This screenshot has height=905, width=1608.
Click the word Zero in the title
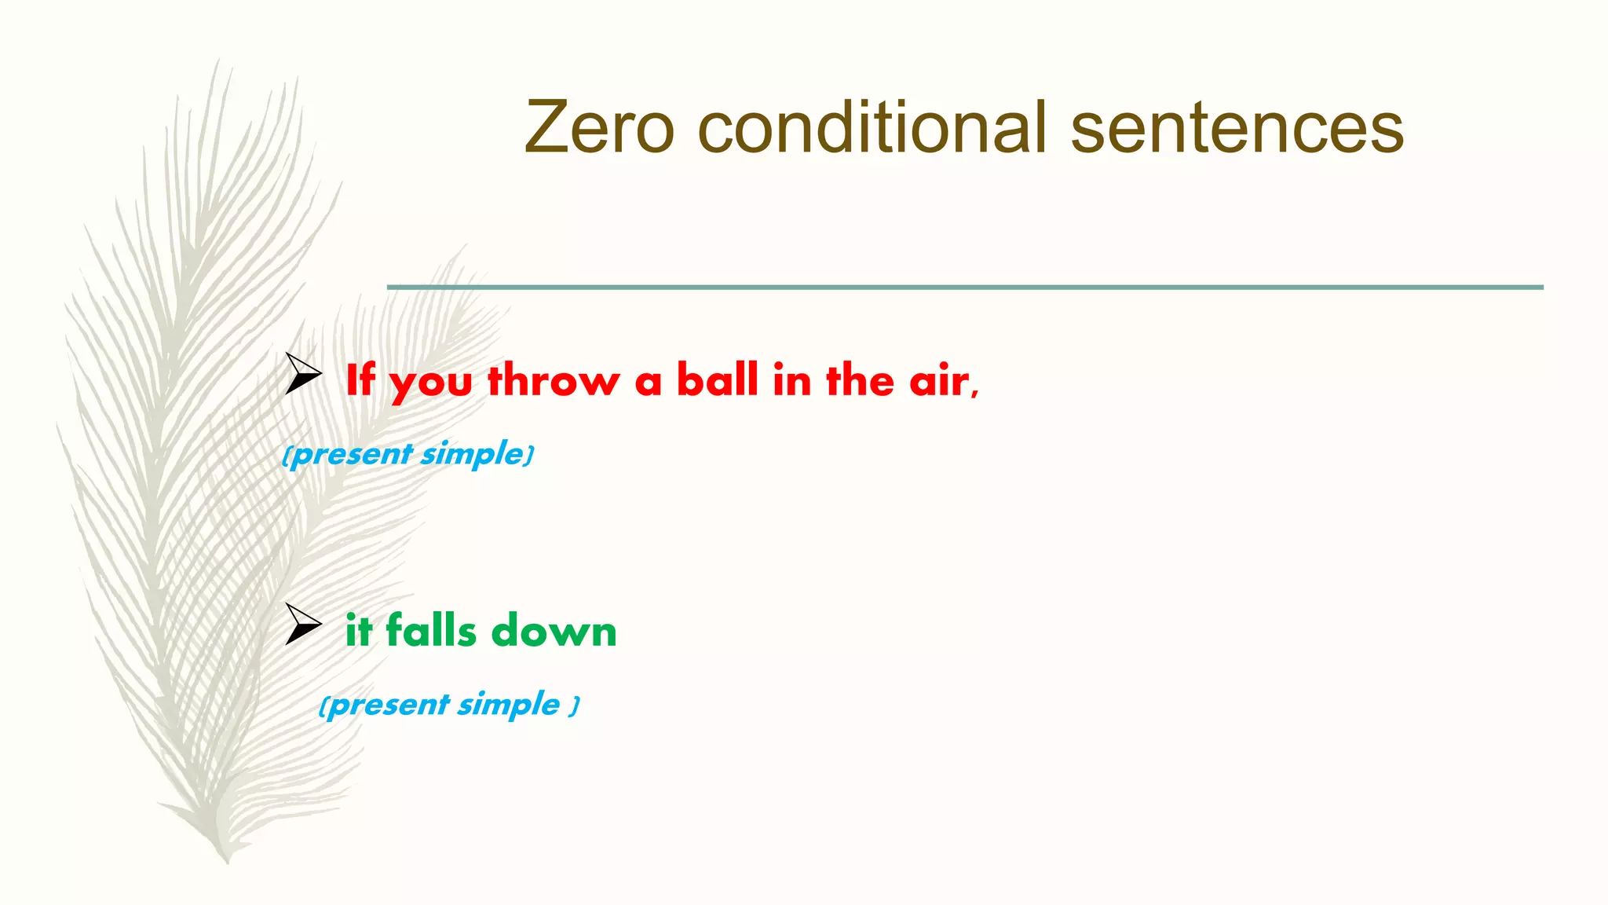coord(599,127)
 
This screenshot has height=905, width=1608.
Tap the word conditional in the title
coord(872,127)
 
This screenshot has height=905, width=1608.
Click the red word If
coord(360,380)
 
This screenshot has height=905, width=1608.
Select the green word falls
coord(430,630)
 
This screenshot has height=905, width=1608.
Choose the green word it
coord(358,631)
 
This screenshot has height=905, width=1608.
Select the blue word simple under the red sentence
coord(472,455)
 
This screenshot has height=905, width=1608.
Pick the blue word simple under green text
coord(509,705)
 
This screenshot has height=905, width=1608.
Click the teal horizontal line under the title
coord(965,288)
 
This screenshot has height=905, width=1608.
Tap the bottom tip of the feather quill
coord(228,861)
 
